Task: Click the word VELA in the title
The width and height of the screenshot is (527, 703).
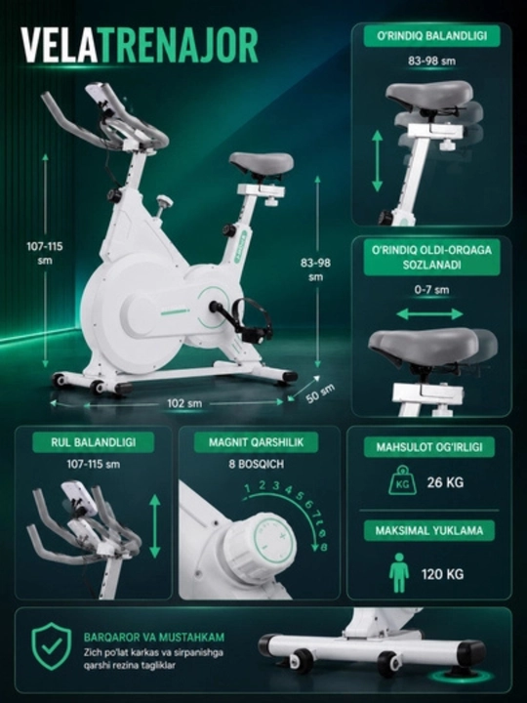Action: [x=60, y=45]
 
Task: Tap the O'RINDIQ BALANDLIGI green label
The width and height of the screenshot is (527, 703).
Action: [x=431, y=36]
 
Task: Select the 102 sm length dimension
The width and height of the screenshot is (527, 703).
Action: [x=184, y=403]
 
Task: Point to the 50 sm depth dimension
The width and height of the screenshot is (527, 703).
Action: [x=320, y=393]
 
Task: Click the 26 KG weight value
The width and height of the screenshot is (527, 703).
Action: [x=445, y=482]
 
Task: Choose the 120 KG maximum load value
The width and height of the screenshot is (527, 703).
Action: [x=442, y=574]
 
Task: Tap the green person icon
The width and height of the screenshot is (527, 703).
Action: [x=399, y=572]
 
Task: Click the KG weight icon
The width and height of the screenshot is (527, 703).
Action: [x=402, y=480]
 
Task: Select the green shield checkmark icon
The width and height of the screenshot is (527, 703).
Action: [x=52, y=645]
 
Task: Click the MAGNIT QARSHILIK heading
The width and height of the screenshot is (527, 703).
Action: [x=256, y=442]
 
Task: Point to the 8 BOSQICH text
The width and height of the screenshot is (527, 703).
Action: [x=256, y=464]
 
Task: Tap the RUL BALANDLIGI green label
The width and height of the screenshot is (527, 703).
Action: [x=94, y=442]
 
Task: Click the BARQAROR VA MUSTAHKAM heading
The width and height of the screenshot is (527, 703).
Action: [x=154, y=637]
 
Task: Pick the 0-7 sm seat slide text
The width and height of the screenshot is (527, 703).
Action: [x=431, y=290]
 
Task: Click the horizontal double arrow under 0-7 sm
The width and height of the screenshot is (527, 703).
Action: [x=429, y=313]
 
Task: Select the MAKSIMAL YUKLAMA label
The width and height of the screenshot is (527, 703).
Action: [x=429, y=531]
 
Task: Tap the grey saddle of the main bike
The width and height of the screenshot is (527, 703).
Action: [x=262, y=164]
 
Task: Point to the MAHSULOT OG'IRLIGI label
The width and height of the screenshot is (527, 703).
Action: [x=429, y=447]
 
